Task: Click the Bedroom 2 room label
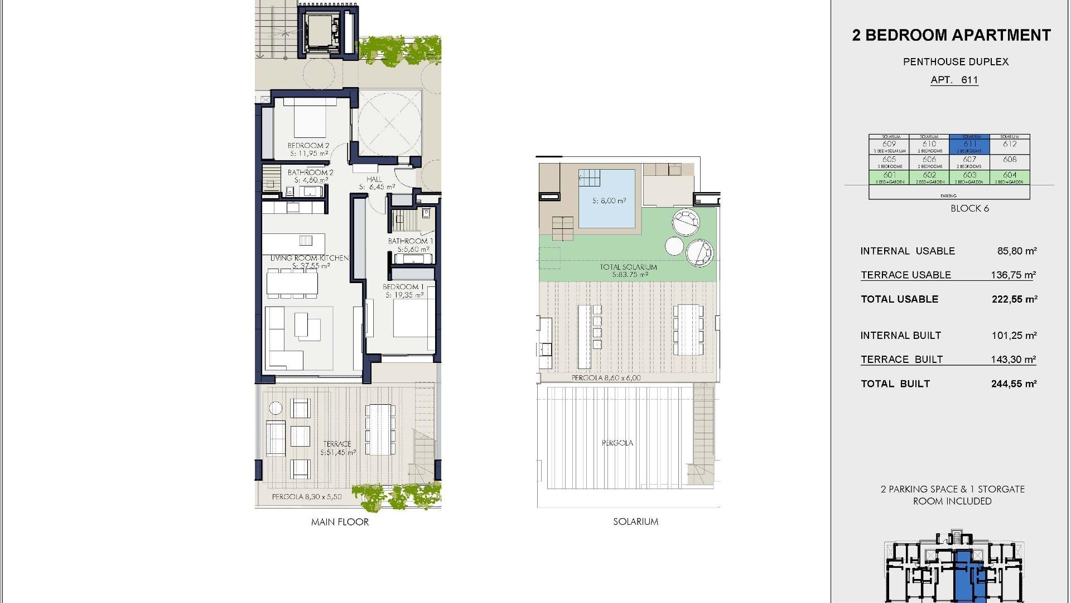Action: (x=308, y=146)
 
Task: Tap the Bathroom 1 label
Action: (x=410, y=241)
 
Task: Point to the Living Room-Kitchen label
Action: (x=310, y=258)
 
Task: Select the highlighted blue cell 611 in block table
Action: (x=969, y=145)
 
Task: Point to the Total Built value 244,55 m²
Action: (x=1014, y=384)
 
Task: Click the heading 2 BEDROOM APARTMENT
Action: (x=951, y=35)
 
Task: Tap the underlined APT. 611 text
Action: (x=954, y=80)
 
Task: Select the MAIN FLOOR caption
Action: (x=340, y=522)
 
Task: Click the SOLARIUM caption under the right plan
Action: (x=635, y=521)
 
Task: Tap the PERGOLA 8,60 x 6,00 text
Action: (x=606, y=378)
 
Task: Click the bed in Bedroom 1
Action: (x=413, y=318)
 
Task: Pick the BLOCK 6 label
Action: (x=969, y=208)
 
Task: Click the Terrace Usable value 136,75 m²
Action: (x=1013, y=275)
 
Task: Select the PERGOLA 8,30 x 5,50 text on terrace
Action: (x=307, y=496)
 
